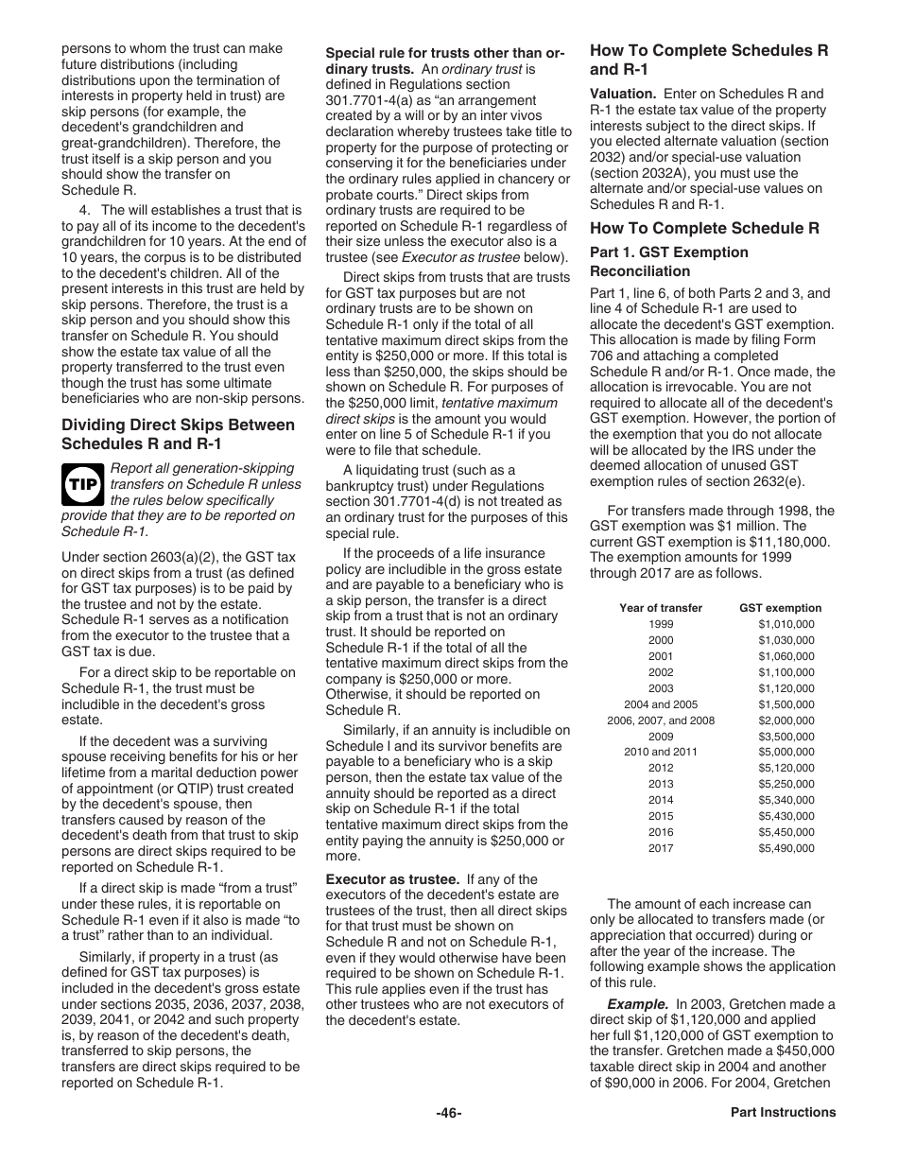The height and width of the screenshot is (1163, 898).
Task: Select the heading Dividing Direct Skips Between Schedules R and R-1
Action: coord(178,434)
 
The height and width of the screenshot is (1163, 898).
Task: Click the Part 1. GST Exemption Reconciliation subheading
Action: coord(668,262)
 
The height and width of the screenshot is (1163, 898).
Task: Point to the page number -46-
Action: coord(448,1113)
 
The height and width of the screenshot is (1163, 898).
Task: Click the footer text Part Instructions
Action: coord(783,1113)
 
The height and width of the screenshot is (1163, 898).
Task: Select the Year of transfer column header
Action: coord(661,608)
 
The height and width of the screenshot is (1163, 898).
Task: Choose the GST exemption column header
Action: coord(780,608)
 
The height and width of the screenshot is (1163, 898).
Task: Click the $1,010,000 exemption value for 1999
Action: coord(786,624)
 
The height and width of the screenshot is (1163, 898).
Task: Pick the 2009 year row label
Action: coord(661,737)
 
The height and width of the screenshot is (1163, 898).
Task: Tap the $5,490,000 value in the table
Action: coord(786,848)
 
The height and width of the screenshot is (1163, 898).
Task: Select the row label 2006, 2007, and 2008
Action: coord(661,720)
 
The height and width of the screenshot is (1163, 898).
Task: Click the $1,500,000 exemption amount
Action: coord(786,704)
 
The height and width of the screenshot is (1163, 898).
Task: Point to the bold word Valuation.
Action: coord(623,94)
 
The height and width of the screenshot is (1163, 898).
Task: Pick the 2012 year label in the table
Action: coord(661,768)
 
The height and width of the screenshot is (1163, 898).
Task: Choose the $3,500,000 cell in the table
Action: coord(786,737)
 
